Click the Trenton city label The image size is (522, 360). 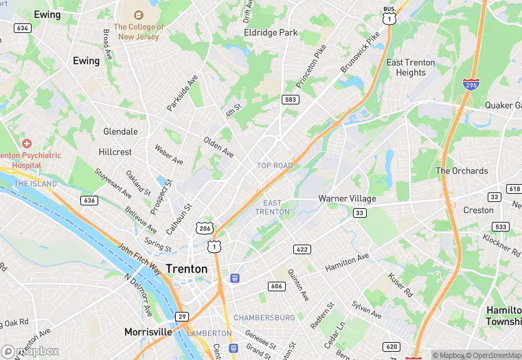[185, 269]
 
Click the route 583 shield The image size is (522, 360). [291, 100]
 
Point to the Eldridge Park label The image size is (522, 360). [271, 32]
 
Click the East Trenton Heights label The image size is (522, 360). [411, 67]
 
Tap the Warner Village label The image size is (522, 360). [347, 199]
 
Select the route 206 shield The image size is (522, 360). [203, 228]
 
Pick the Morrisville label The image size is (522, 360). [148, 332]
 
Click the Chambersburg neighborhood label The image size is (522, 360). [264, 317]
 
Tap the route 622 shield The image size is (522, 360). [302, 249]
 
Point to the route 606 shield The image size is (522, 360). [277, 286]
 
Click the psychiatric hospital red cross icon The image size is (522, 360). [26, 144]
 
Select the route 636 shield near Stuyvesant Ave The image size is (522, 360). [88, 201]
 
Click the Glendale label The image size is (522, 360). [120, 131]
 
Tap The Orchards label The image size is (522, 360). [462, 171]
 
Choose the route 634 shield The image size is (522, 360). [23, 28]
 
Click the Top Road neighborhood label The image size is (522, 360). [275, 166]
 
